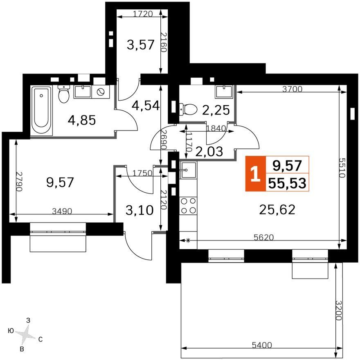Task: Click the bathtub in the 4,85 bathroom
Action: (x=42, y=110)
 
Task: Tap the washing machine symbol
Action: (x=101, y=92)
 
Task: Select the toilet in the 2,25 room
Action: (x=188, y=109)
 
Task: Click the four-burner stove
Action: (x=188, y=206)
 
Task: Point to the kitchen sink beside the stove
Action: (x=188, y=170)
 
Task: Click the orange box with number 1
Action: (x=256, y=174)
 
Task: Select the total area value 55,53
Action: (x=287, y=183)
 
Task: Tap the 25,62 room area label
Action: (x=277, y=209)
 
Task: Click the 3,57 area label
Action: (x=140, y=45)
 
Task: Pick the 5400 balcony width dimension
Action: (x=262, y=345)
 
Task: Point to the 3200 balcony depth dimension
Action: (x=339, y=310)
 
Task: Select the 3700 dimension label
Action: (x=292, y=89)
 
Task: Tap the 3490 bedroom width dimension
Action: (x=62, y=211)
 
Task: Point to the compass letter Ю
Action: (x=11, y=331)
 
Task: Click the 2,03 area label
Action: (x=209, y=151)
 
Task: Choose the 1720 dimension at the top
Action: (x=143, y=14)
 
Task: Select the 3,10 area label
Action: (x=139, y=210)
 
